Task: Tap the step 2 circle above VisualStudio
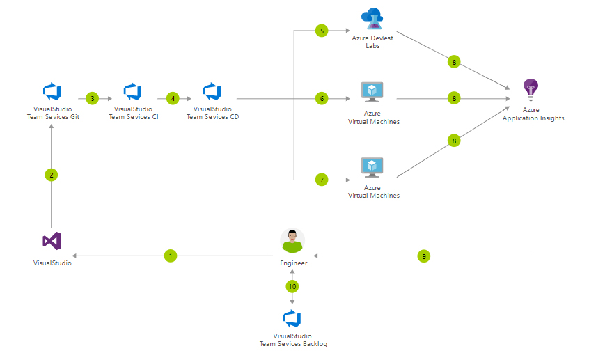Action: coord(52,175)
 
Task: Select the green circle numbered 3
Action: coord(92,99)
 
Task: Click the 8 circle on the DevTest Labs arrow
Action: coord(454,62)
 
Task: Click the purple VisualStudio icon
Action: coord(52,241)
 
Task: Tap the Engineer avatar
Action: coord(292,241)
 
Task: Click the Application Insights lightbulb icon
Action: coord(531,89)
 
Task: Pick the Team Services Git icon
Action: coord(52,91)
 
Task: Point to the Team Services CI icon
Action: coord(132,91)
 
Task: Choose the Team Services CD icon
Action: coord(212,91)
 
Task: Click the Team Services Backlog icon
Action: coord(292,319)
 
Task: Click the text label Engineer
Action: coord(293,263)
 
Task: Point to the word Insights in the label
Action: coord(550,118)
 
